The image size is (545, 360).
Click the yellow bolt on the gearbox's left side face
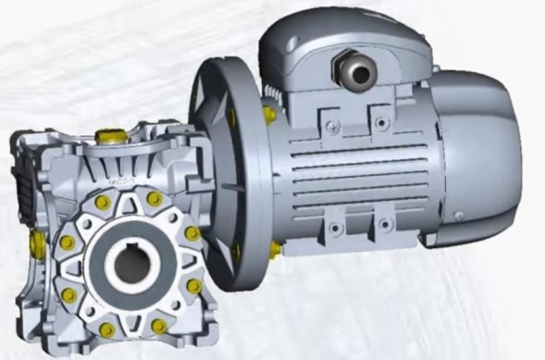[x=37, y=243]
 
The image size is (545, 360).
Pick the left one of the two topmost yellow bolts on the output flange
[x=103, y=202]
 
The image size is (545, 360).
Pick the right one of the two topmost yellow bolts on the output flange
[x=155, y=199]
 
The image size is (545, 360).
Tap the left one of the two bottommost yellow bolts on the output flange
[x=107, y=329]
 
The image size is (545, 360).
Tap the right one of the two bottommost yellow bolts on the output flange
[x=159, y=326]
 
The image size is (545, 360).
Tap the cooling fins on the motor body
[x=352, y=171]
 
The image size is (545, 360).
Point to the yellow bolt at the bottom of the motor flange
[x=275, y=248]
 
